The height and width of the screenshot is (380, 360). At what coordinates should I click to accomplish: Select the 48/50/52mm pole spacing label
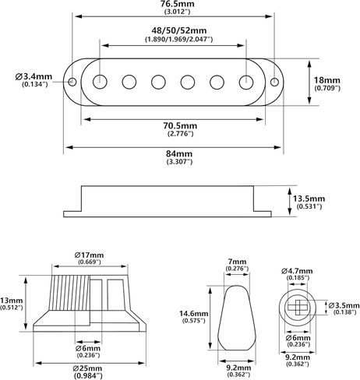coord(179,30)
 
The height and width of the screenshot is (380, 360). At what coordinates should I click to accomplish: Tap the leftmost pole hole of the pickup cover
coord(100,82)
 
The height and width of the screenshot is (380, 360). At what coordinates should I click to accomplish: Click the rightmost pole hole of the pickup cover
coord(246,82)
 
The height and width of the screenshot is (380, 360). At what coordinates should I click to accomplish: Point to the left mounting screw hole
coord(72,82)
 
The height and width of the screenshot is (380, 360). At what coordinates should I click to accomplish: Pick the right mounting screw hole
coord(274,82)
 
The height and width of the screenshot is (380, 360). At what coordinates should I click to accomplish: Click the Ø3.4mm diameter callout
coord(34,77)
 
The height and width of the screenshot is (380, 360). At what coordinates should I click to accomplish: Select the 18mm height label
coord(327,80)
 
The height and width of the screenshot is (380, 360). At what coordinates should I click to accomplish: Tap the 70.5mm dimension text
coord(180,126)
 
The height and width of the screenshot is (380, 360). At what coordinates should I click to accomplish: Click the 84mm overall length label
coord(179,153)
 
